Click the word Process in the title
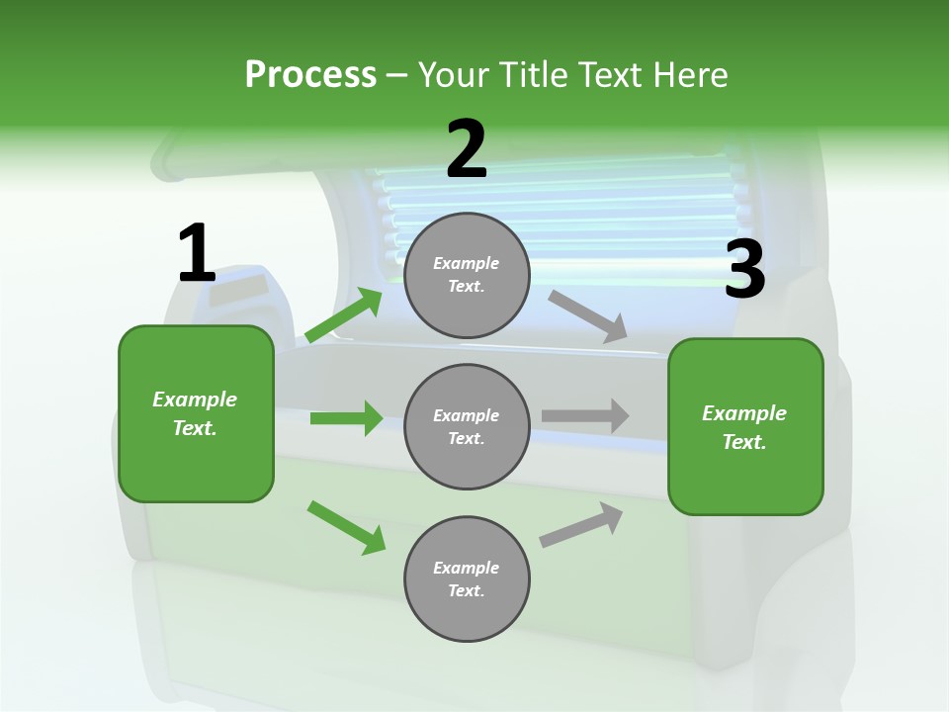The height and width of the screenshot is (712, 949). [310, 75]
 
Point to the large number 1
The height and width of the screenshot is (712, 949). [197, 253]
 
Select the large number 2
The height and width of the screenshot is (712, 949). [467, 149]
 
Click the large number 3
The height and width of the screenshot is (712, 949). [744, 270]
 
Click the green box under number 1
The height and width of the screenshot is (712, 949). [196, 413]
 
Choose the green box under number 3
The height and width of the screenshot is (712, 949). [745, 426]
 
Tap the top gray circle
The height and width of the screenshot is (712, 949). [467, 275]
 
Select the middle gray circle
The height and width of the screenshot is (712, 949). [467, 426]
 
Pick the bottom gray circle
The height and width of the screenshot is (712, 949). [467, 578]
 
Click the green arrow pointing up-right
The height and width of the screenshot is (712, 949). [344, 315]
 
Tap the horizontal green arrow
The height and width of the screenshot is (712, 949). [346, 418]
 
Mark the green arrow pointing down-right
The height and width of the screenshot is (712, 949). [346, 527]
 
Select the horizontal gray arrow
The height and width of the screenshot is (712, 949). [585, 415]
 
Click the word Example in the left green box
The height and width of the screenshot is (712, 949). [195, 400]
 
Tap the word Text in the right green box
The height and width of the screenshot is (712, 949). [742, 442]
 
